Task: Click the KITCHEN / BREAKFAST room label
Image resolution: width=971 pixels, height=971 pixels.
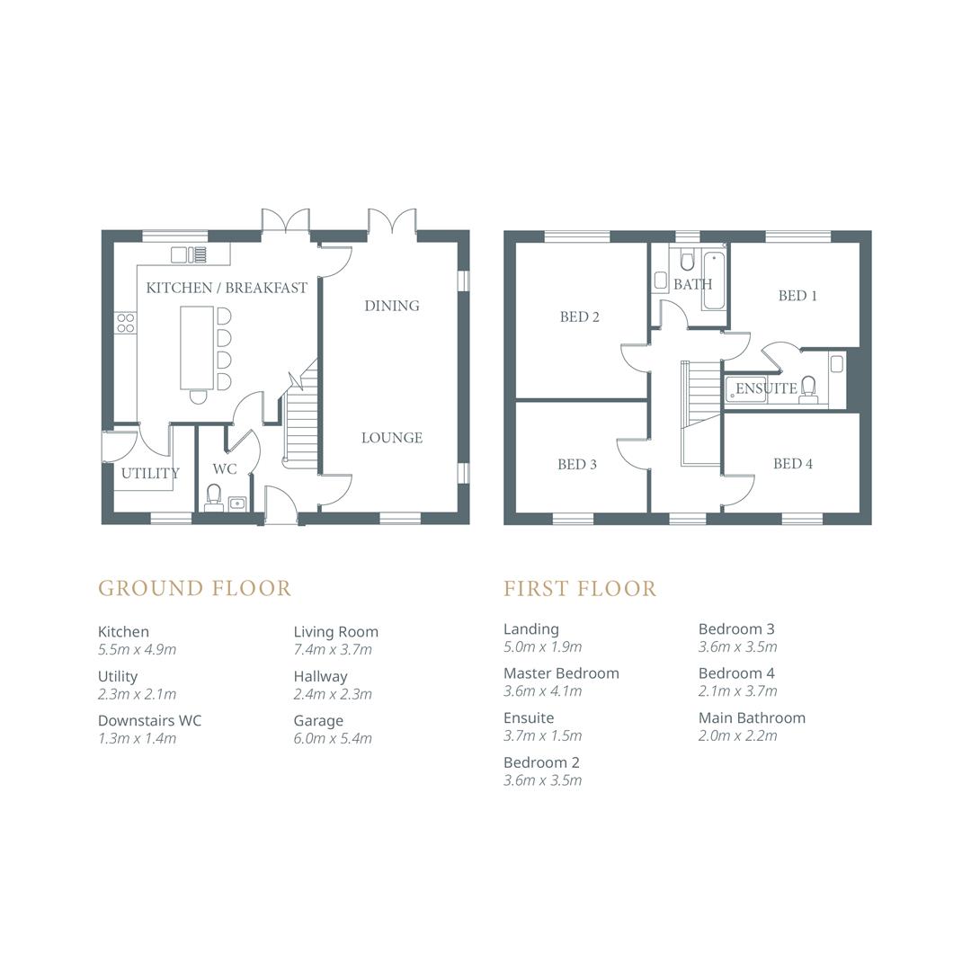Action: point(227,288)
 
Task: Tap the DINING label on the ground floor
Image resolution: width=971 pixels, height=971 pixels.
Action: point(391,306)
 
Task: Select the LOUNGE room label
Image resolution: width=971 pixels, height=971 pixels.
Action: point(391,438)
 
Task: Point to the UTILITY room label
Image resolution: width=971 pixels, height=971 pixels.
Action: point(150,473)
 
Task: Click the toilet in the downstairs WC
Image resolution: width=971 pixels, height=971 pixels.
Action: point(214,496)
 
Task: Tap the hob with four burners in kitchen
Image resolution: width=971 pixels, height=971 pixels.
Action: point(125,323)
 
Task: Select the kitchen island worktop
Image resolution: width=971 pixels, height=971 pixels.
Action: point(197,346)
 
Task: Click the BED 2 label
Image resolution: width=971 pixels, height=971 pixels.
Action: point(579,316)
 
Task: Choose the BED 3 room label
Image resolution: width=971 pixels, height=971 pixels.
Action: point(576,464)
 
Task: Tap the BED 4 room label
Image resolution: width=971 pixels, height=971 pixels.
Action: point(792,464)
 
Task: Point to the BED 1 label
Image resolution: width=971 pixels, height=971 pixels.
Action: point(797,296)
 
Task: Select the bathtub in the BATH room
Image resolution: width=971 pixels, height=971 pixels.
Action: point(714,281)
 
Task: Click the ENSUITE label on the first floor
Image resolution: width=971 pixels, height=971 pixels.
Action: point(766,388)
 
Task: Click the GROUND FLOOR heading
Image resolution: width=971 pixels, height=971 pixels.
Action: point(194,588)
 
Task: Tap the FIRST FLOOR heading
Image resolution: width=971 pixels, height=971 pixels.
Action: point(580,588)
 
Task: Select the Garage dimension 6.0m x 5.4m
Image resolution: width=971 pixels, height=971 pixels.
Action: point(332,738)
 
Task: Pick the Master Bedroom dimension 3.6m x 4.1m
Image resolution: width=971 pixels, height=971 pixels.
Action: point(542,691)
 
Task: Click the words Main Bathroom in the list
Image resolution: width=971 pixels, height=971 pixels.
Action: point(752,717)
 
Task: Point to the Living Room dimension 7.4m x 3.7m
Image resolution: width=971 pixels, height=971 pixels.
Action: point(332,649)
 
